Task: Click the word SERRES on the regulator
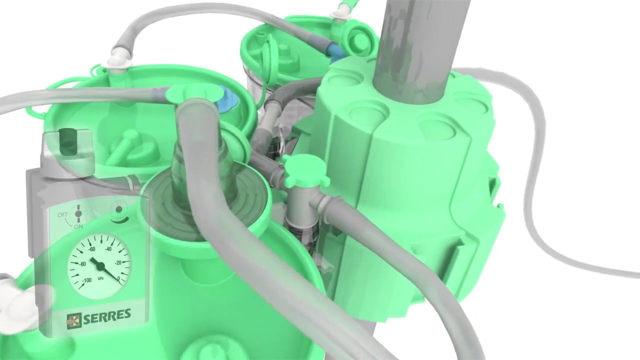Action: pos(107,316)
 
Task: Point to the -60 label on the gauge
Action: pos(91,249)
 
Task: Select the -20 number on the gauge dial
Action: pos(117,263)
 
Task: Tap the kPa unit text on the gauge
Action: pos(100,278)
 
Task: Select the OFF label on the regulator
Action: pos(62,214)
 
